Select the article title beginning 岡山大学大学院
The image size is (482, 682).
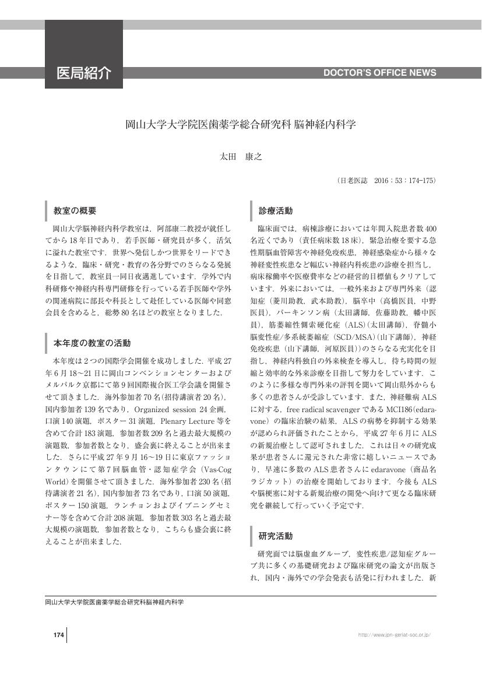241,125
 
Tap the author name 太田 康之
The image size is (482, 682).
241,157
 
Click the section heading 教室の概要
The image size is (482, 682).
75,210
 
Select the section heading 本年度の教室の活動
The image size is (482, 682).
92,342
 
